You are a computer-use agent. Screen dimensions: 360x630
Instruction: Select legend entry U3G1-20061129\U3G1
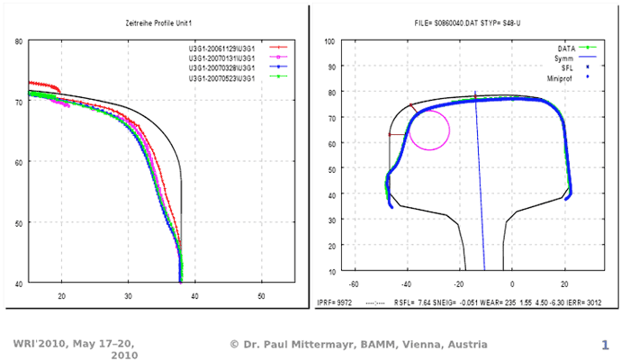(222, 46)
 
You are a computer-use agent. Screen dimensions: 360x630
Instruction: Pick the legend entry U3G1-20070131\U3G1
(222, 57)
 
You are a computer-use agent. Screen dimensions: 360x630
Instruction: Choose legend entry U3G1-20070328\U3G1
(222, 67)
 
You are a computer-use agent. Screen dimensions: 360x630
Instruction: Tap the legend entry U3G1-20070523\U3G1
(222, 77)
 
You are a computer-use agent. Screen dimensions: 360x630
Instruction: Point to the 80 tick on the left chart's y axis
(19, 41)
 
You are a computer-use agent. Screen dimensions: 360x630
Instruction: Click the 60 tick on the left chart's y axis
(19, 162)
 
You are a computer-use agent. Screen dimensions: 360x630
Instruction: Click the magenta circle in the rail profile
(429, 130)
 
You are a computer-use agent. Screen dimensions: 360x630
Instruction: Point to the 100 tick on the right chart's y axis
(329, 41)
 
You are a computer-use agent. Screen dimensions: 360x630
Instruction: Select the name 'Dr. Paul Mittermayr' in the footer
(297, 344)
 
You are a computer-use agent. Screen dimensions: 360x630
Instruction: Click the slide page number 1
(606, 345)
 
